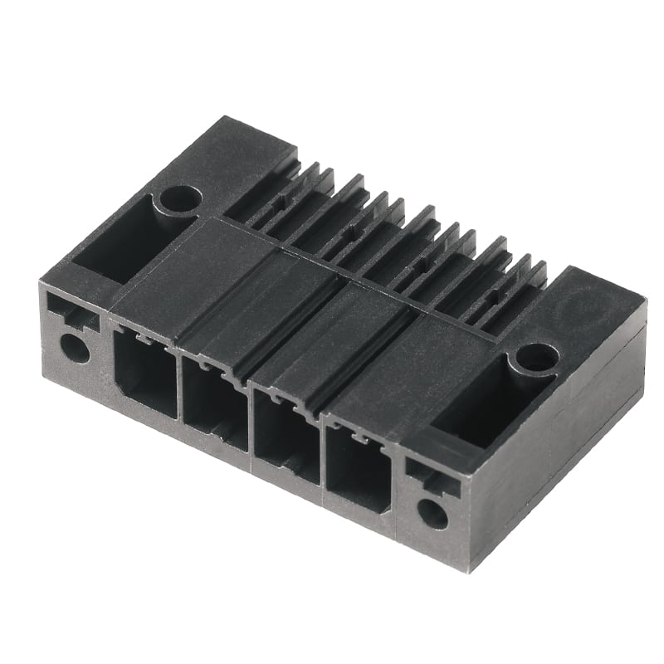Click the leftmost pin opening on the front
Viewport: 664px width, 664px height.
145,373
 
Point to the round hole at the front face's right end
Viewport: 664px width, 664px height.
432,513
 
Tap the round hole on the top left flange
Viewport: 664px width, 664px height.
180,198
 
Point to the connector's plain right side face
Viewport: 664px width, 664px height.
564,465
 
